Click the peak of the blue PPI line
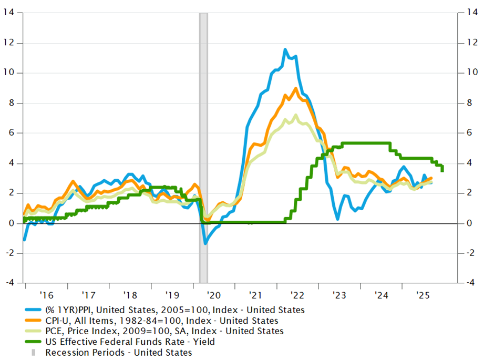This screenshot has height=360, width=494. point(285,50)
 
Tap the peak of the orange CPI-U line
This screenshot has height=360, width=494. point(295,88)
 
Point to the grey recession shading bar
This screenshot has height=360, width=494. point(203,147)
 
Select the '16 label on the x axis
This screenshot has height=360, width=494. point(46,295)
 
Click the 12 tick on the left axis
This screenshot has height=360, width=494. point(9,43)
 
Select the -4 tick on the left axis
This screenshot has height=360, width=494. point(8,283)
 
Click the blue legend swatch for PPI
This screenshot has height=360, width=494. point(35,310)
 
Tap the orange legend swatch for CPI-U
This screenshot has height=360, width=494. point(35,321)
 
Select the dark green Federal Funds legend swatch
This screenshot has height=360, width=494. point(35,342)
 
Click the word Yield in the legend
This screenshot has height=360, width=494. point(202,342)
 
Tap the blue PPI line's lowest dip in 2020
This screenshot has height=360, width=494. point(206,243)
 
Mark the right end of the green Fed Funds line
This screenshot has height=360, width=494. point(442,170)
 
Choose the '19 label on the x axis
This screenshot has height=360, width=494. point(171,295)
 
